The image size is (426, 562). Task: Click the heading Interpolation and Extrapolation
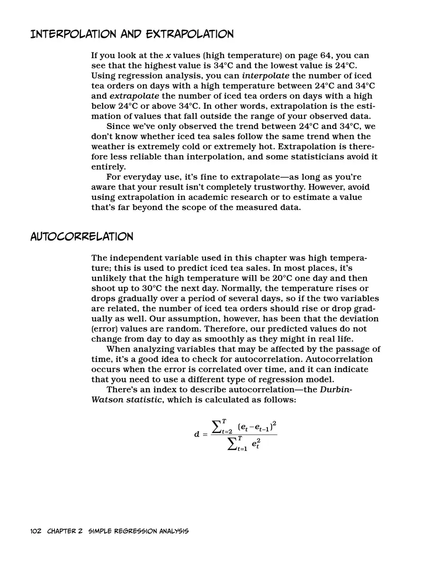pos(132,35)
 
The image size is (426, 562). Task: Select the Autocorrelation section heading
pos(81,236)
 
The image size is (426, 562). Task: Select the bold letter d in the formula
pos(197,434)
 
